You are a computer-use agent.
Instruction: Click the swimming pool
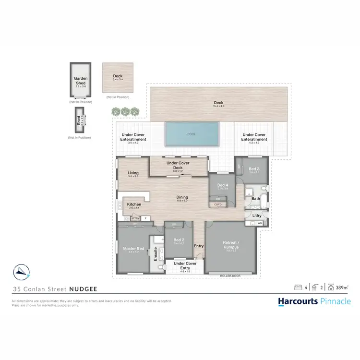[x=192, y=134]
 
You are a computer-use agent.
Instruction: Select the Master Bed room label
[x=131, y=248]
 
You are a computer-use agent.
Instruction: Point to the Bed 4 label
[x=222, y=185]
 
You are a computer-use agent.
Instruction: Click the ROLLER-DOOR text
[x=230, y=276]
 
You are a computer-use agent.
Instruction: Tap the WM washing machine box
[x=260, y=223]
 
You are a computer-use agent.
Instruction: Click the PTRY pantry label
[x=136, y=219]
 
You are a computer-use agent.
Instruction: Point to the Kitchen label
[x=133, y=205]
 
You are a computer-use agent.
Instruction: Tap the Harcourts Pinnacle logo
[x=314, y=301]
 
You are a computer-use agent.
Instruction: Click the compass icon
[x=22, y=272]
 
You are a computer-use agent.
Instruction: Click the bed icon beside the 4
[x=298, y=288]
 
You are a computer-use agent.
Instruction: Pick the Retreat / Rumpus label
[x=231, y=245]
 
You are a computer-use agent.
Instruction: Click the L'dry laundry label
[x=257, y=216]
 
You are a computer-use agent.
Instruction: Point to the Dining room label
[x=182, y=197]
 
